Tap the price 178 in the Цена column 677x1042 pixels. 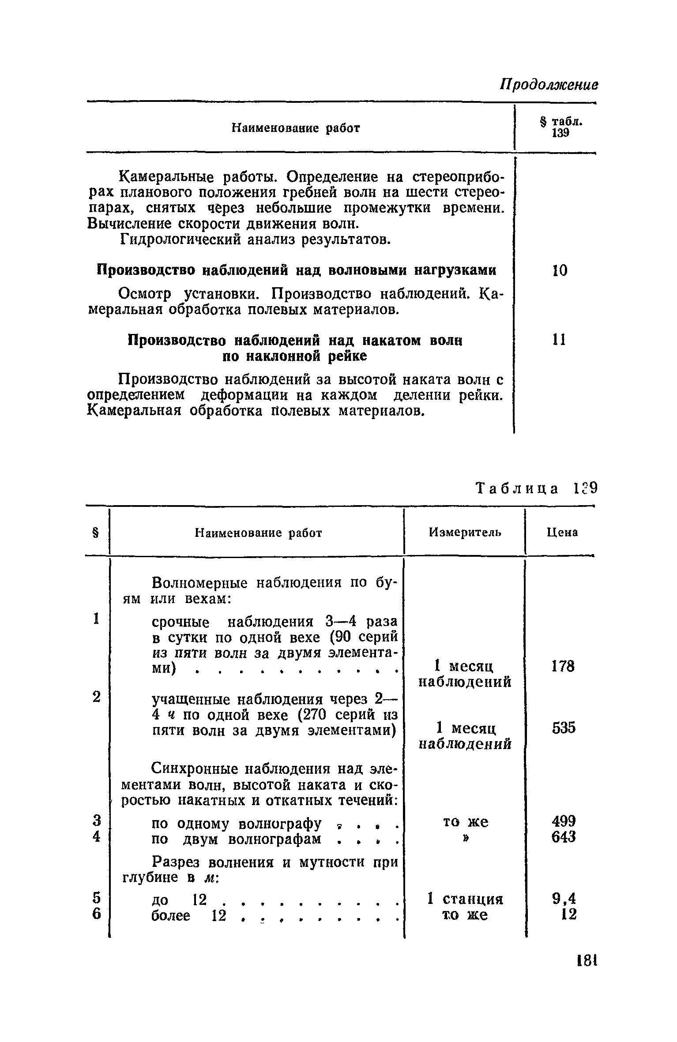coord(564,666)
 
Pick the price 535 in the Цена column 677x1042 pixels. coord(564,727)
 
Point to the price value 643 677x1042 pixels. coord(564,836)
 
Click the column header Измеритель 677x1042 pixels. coord(465,533)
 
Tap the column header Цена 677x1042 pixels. coord(562,533)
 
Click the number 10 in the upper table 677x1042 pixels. coord(560,270)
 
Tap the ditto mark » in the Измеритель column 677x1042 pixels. coord(465,837)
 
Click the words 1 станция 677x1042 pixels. coord(465,899)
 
